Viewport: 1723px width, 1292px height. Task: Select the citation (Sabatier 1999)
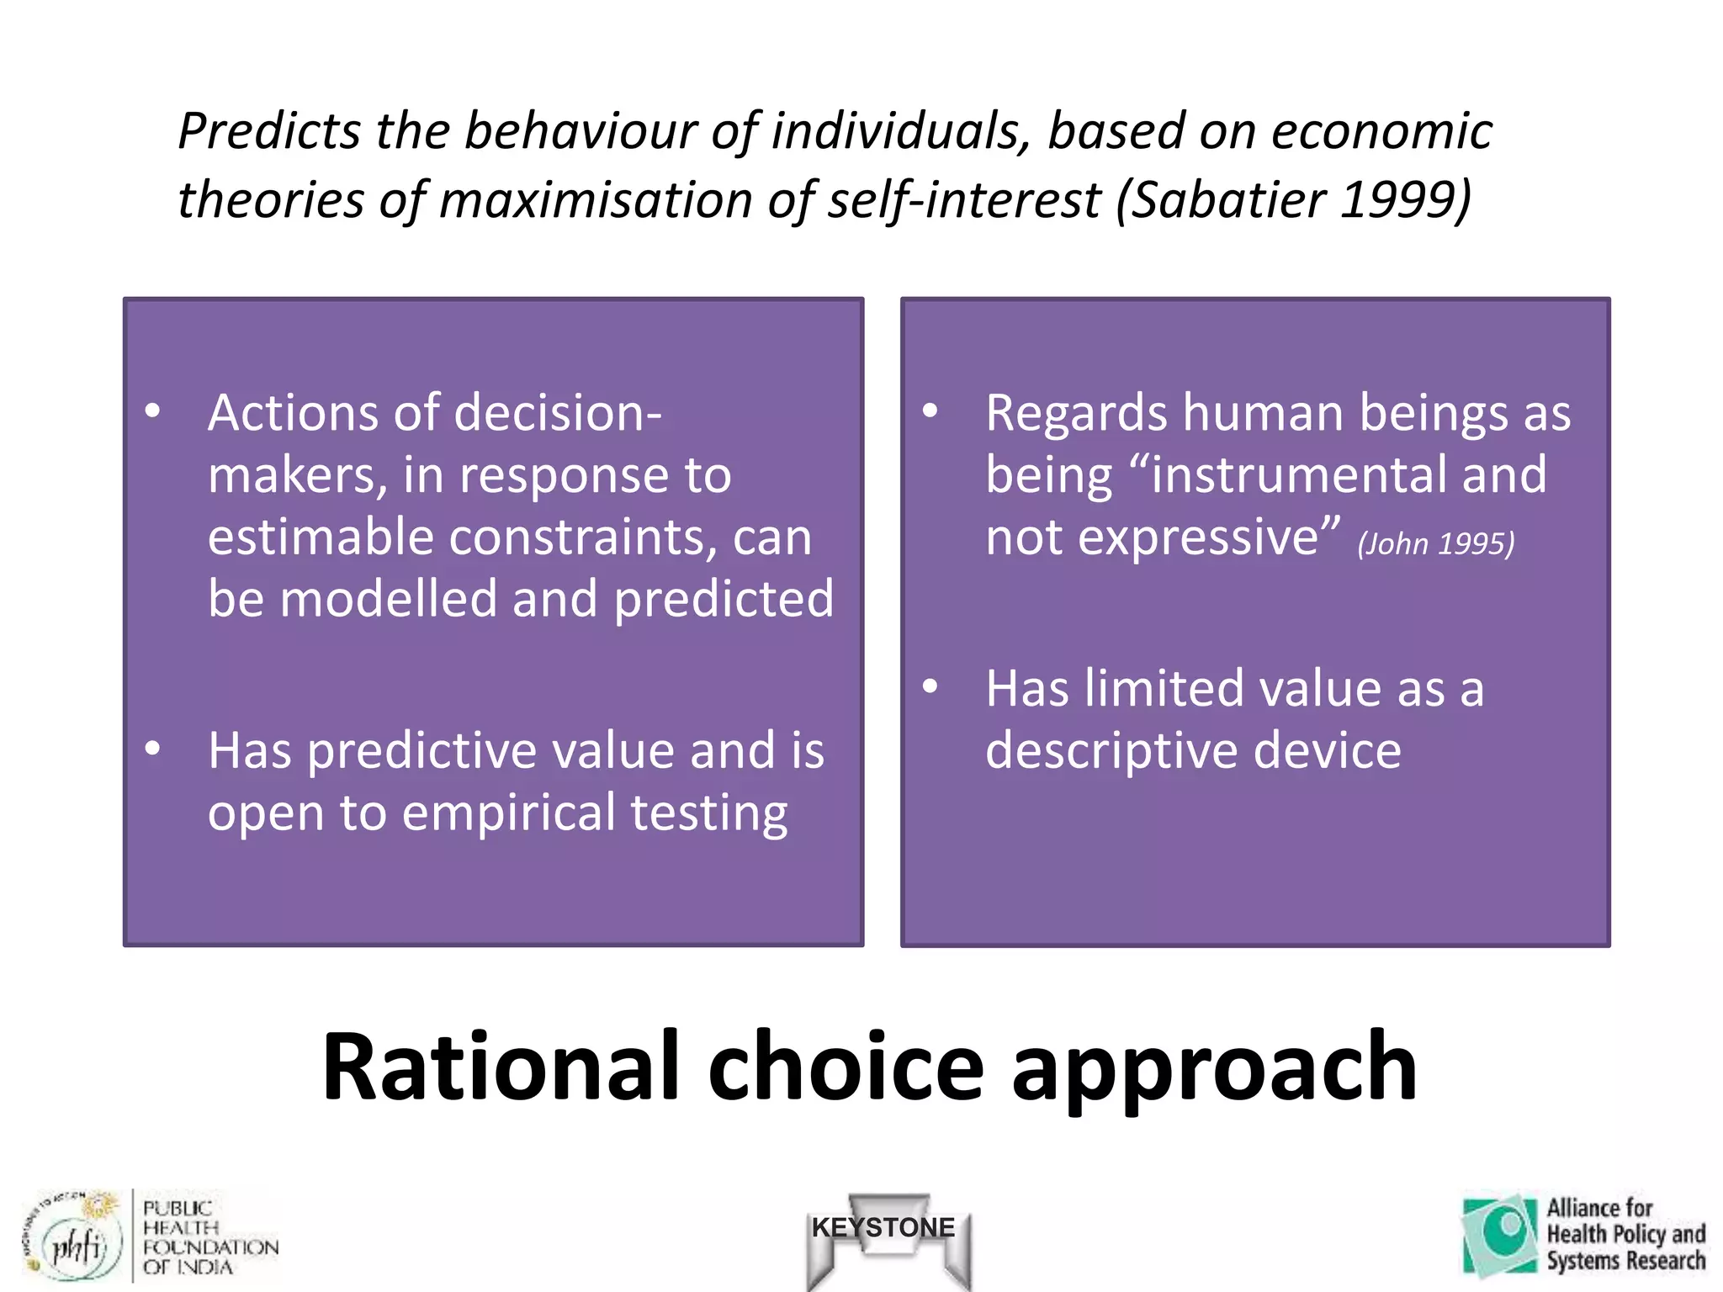point(1294,199)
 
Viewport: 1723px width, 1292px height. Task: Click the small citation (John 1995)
point(1435,544)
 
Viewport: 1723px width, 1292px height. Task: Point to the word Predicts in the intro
point(269,132)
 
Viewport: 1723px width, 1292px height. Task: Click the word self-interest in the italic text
point(963,199)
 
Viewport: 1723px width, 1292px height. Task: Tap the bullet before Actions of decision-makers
point(152,411)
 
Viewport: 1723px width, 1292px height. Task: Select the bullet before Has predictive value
point(152,748)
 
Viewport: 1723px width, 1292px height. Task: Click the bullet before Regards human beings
point(930,411)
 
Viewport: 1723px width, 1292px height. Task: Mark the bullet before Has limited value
point(930,686)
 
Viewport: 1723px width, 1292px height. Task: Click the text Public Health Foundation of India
point(209,1236)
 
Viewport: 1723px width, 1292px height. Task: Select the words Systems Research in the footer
point(1625,1261)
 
